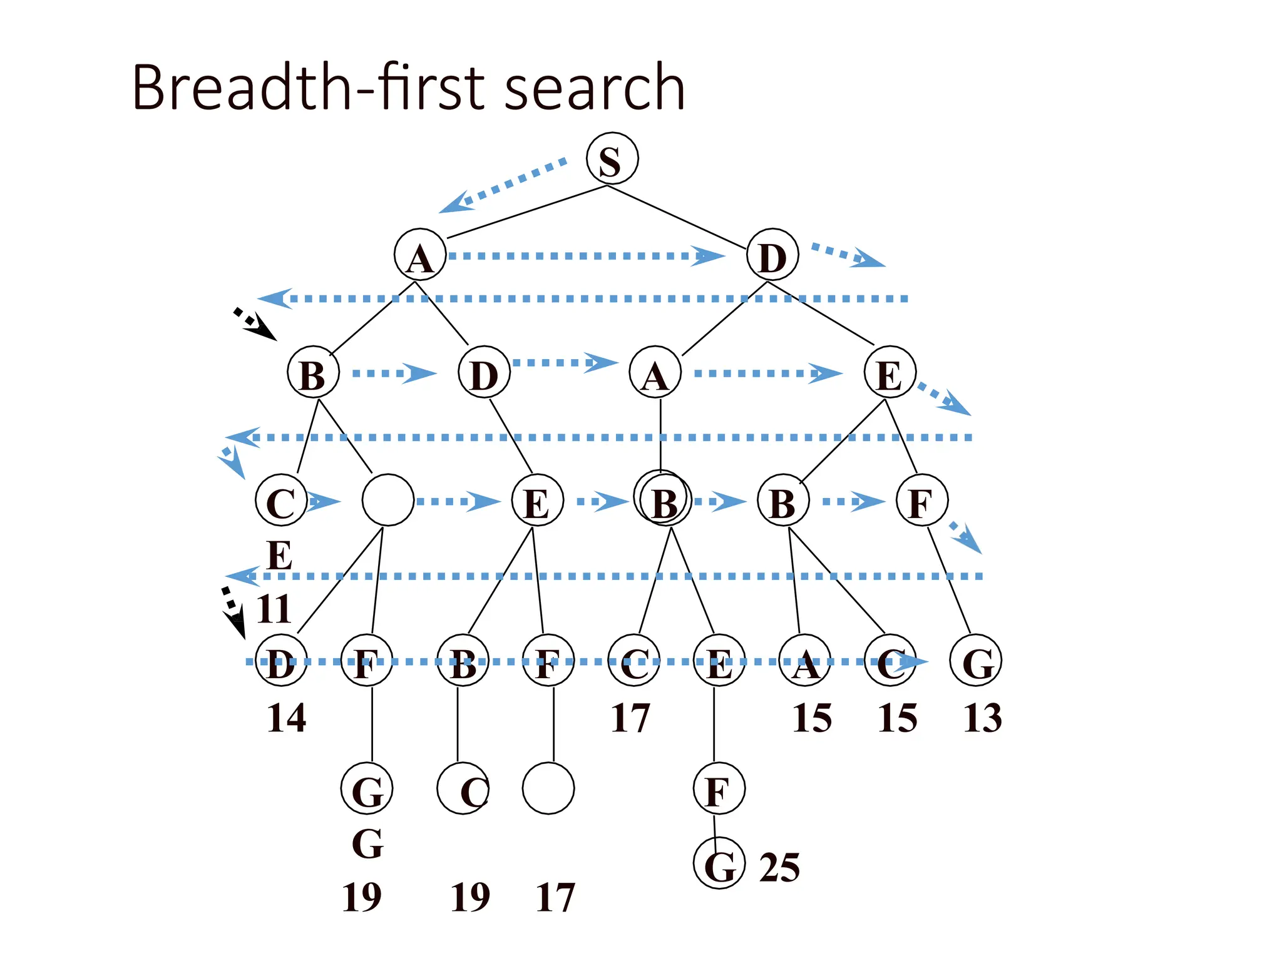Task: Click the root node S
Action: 612,158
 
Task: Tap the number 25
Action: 779,868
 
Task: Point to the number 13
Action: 982,718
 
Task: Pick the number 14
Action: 287,718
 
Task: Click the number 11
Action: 274,609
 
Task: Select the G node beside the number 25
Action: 719,863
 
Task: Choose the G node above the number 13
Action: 975,661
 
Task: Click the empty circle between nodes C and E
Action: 387,500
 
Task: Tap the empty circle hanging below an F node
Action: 548,788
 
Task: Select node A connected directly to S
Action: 420,255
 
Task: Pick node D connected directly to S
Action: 772,255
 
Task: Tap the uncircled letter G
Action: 367,845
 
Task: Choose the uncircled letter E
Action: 279,556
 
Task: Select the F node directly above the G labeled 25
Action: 719,788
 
